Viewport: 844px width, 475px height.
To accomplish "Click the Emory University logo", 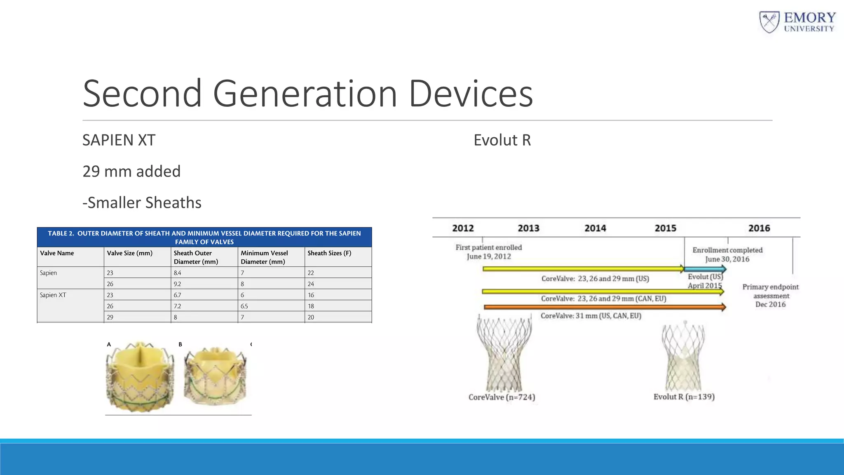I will [797, 22].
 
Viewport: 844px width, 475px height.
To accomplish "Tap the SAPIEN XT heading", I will [119, 140].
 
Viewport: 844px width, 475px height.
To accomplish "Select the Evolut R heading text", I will [502, 140].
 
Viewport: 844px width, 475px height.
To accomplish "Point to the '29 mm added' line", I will [131, 172].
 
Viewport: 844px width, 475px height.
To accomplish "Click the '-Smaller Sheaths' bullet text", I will [142, 203].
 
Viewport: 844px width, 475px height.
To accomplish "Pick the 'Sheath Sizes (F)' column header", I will [329, 253].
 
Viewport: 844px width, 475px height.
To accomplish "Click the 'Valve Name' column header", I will [57, 253].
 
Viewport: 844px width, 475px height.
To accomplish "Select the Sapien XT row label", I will [53, 295].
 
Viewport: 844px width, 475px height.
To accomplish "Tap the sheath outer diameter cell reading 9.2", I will [178, 284].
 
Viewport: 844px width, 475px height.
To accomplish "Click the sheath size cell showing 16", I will [311, 295].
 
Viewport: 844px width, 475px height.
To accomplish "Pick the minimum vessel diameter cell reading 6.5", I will [244, 306].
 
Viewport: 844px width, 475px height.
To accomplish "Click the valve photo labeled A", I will [140, 376].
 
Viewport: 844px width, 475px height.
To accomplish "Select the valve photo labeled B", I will [215, 376].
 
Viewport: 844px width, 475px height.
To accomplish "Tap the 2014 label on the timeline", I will [595, 228].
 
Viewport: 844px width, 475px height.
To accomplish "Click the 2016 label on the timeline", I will [759, 228].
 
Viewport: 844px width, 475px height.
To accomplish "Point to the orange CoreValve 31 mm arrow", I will [604, 307].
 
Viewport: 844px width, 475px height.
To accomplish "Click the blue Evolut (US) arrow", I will [705, 269].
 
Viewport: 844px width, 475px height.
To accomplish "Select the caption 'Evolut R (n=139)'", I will [684, 397].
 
